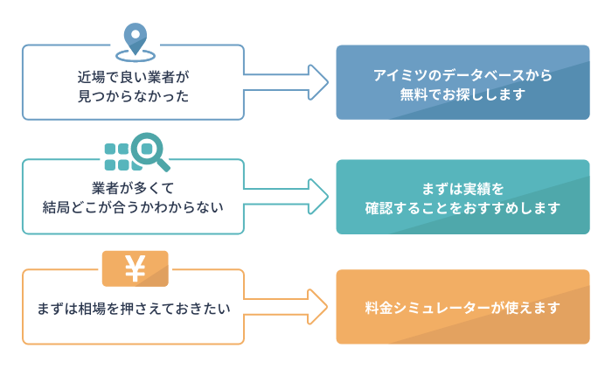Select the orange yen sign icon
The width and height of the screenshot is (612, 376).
pos(135,268)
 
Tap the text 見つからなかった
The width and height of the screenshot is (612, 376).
pos(133,95)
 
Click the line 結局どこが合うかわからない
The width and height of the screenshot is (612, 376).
pos(133,208)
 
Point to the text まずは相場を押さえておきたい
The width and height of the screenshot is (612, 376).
pos(133,309)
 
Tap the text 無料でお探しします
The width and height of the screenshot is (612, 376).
pos(462,95)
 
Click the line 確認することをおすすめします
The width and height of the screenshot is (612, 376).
pos(462,208)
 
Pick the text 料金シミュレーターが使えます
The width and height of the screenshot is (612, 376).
pos(462,308)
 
